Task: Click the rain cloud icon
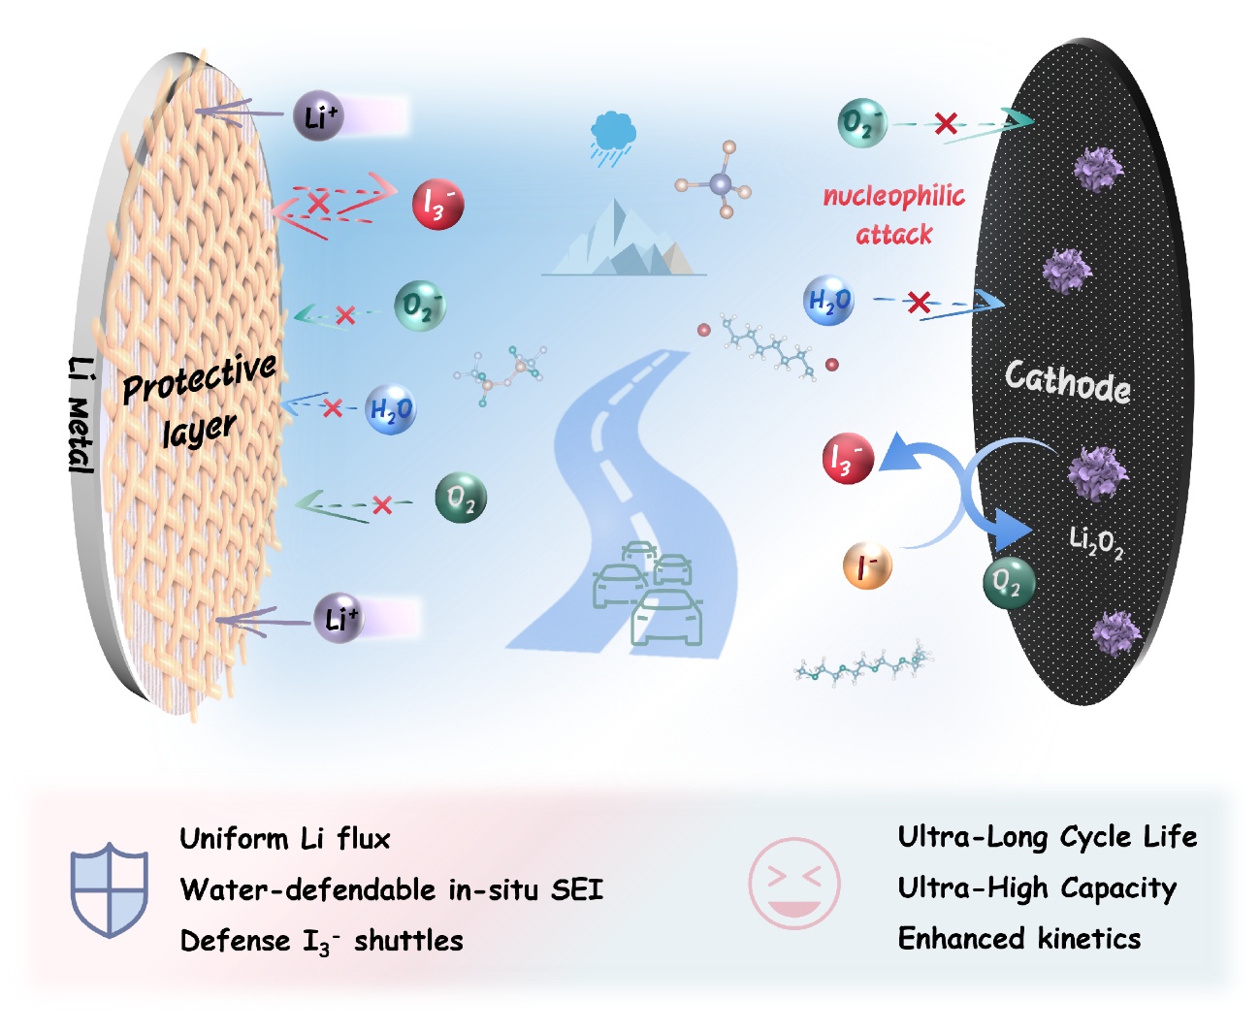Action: point(613,137)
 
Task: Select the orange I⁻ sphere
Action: point(867,565)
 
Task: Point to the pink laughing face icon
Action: point(794,884)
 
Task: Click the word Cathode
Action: point(1067,381)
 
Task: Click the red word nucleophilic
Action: point(893,197)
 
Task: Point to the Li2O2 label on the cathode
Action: point(1096,542)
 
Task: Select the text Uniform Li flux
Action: point(285,839)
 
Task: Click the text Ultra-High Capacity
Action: point(1036,888)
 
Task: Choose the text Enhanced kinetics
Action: point(1018,939)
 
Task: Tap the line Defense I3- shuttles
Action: point(321,942)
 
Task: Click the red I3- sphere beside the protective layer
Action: point(438,204)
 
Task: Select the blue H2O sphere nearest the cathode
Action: point(828,301)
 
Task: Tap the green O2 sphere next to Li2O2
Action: point(1009,583)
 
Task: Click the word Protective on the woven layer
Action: point(199,378)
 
